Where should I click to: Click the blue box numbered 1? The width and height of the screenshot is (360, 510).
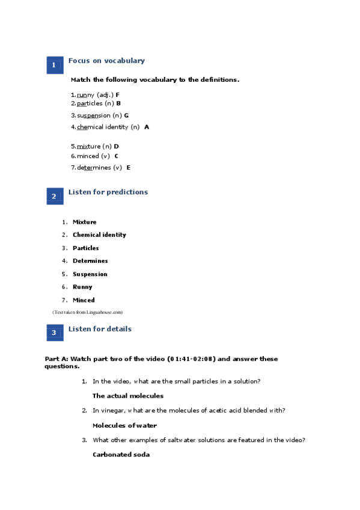pos(55,65)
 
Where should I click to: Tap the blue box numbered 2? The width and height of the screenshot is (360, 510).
pos(55,196)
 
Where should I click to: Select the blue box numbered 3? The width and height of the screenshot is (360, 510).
pos(55,333)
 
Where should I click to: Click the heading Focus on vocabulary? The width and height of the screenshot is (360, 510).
pos(106,61)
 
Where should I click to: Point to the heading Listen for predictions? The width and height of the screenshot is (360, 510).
pos(108,192)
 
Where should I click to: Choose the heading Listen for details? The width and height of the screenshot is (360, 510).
pos(100,329)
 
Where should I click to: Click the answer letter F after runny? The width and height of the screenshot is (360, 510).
pos(118,95)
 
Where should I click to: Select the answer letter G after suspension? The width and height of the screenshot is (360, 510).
pos(126,115)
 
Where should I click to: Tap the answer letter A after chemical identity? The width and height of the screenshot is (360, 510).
pos(147,127)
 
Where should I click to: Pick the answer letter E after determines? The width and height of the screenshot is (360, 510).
pos(129,168)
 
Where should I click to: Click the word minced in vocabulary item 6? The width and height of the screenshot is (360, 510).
pos(88,156)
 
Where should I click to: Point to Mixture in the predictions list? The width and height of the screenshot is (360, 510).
pos(84,223)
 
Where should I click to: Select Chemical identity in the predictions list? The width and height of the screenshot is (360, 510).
pos(99,235)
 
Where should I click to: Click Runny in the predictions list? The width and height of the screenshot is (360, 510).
pos(82,287)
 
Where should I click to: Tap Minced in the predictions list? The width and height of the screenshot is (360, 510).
pos(84,300)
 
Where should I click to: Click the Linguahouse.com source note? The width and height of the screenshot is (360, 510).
pos(88,313)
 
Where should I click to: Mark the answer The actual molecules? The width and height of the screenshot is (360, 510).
pos(128,396)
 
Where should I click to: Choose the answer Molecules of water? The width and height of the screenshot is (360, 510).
pos(124,426)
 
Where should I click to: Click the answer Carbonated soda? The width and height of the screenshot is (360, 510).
pos(121,455)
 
